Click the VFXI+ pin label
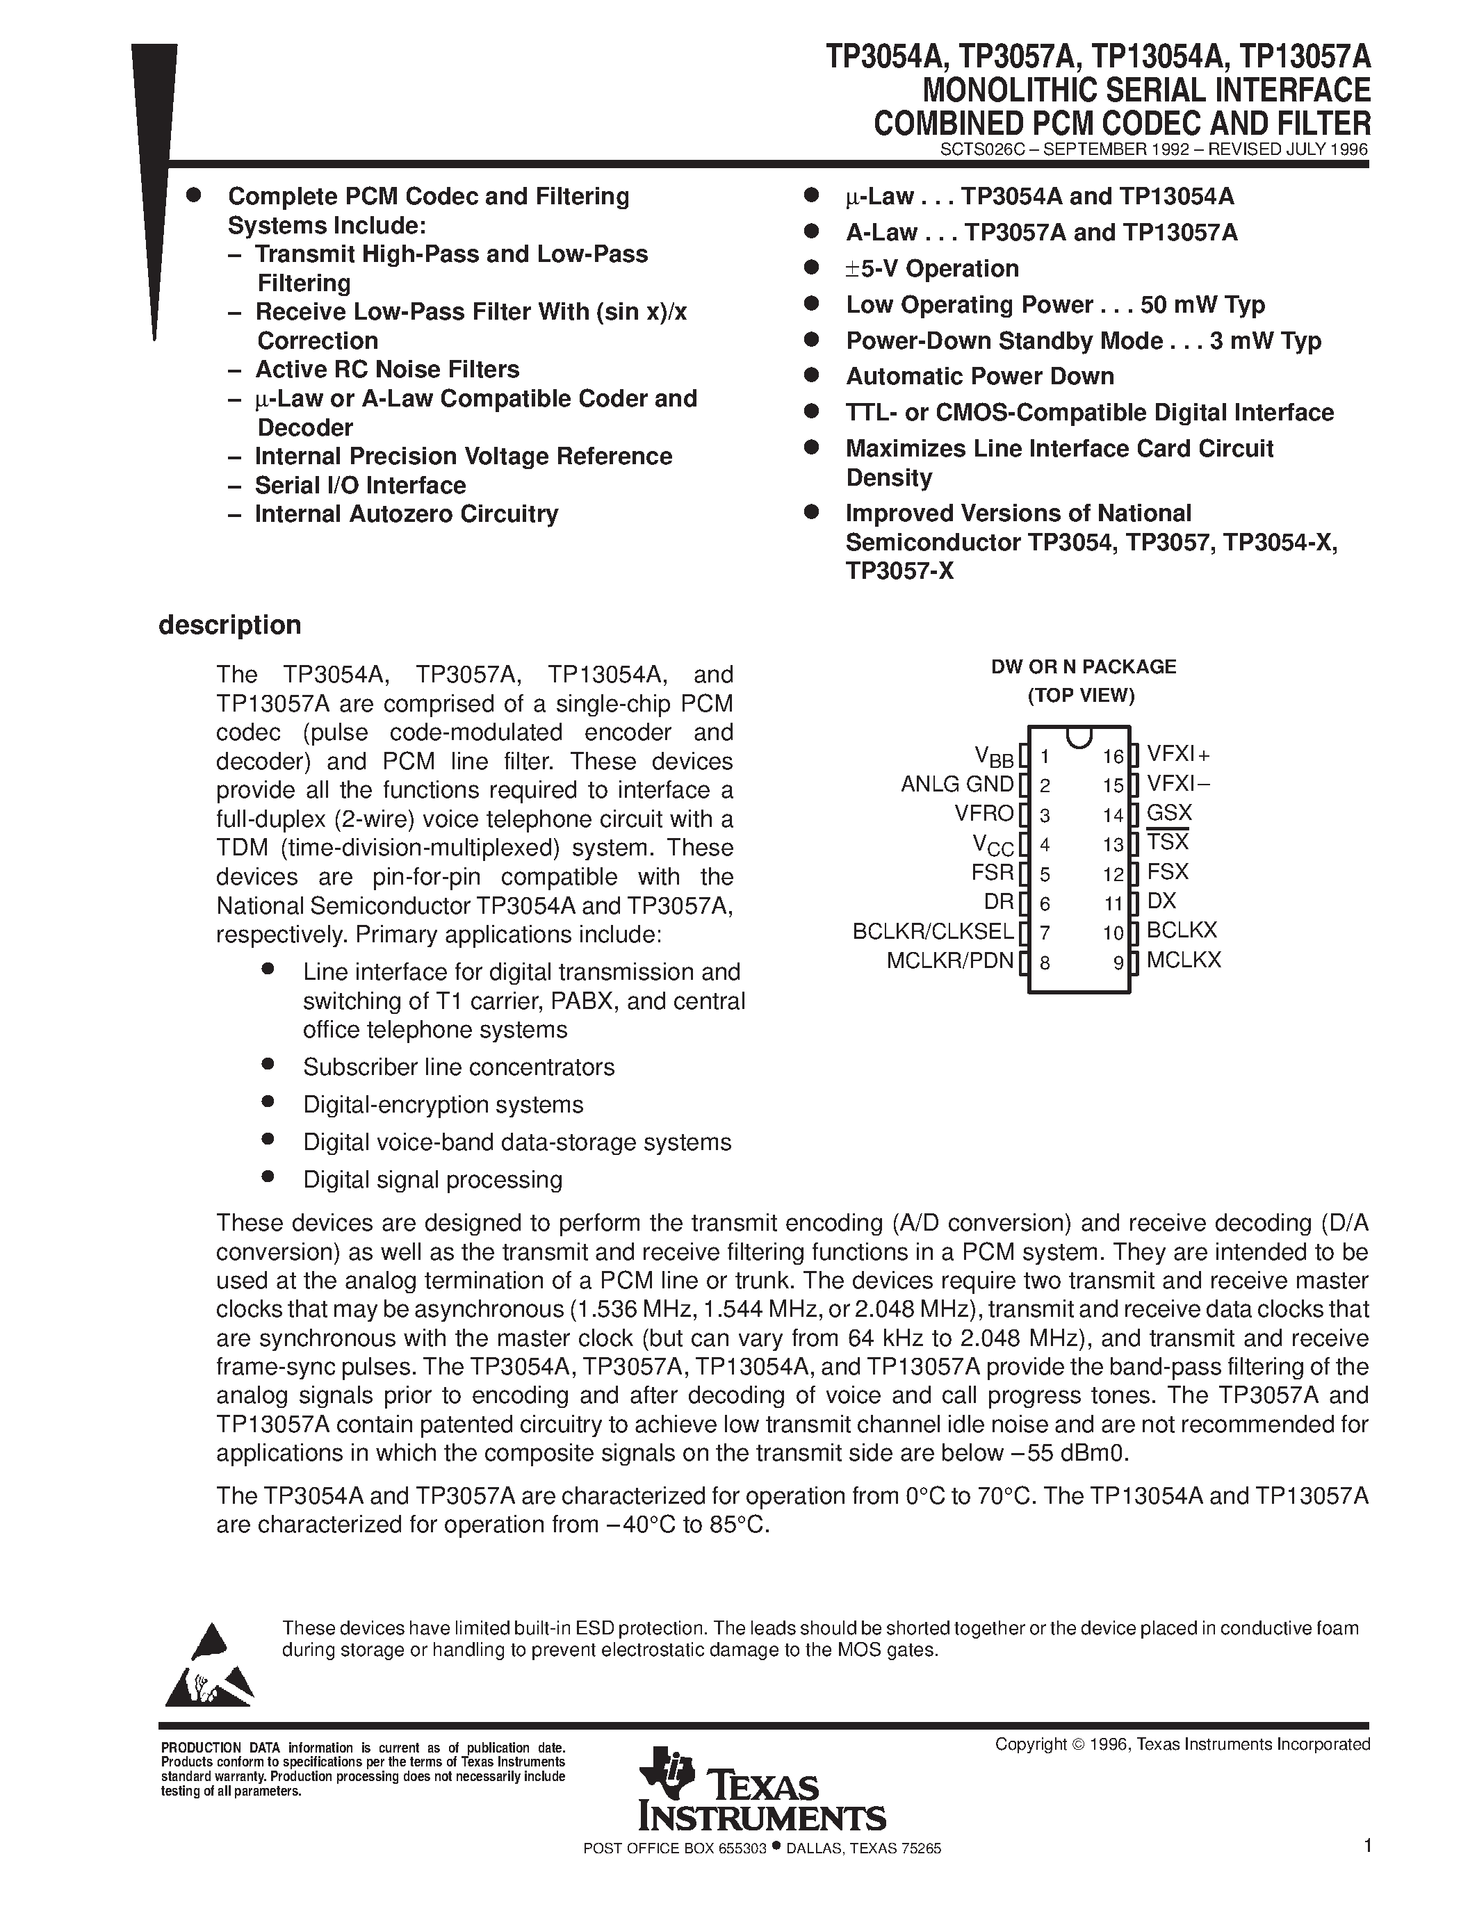(1177, 754)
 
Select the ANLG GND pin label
(956, 784)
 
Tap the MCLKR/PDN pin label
(949, 961)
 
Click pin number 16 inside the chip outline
(1112, 757)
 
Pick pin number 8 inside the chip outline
(1045, 963)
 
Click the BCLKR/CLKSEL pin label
(933, 931)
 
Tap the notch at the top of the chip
(1079, 736)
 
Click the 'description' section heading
(229, 625)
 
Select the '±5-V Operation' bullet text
(931, 269)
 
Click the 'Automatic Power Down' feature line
(979, 376)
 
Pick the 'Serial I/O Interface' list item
(359, 486)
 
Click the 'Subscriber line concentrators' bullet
(459, 1067)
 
